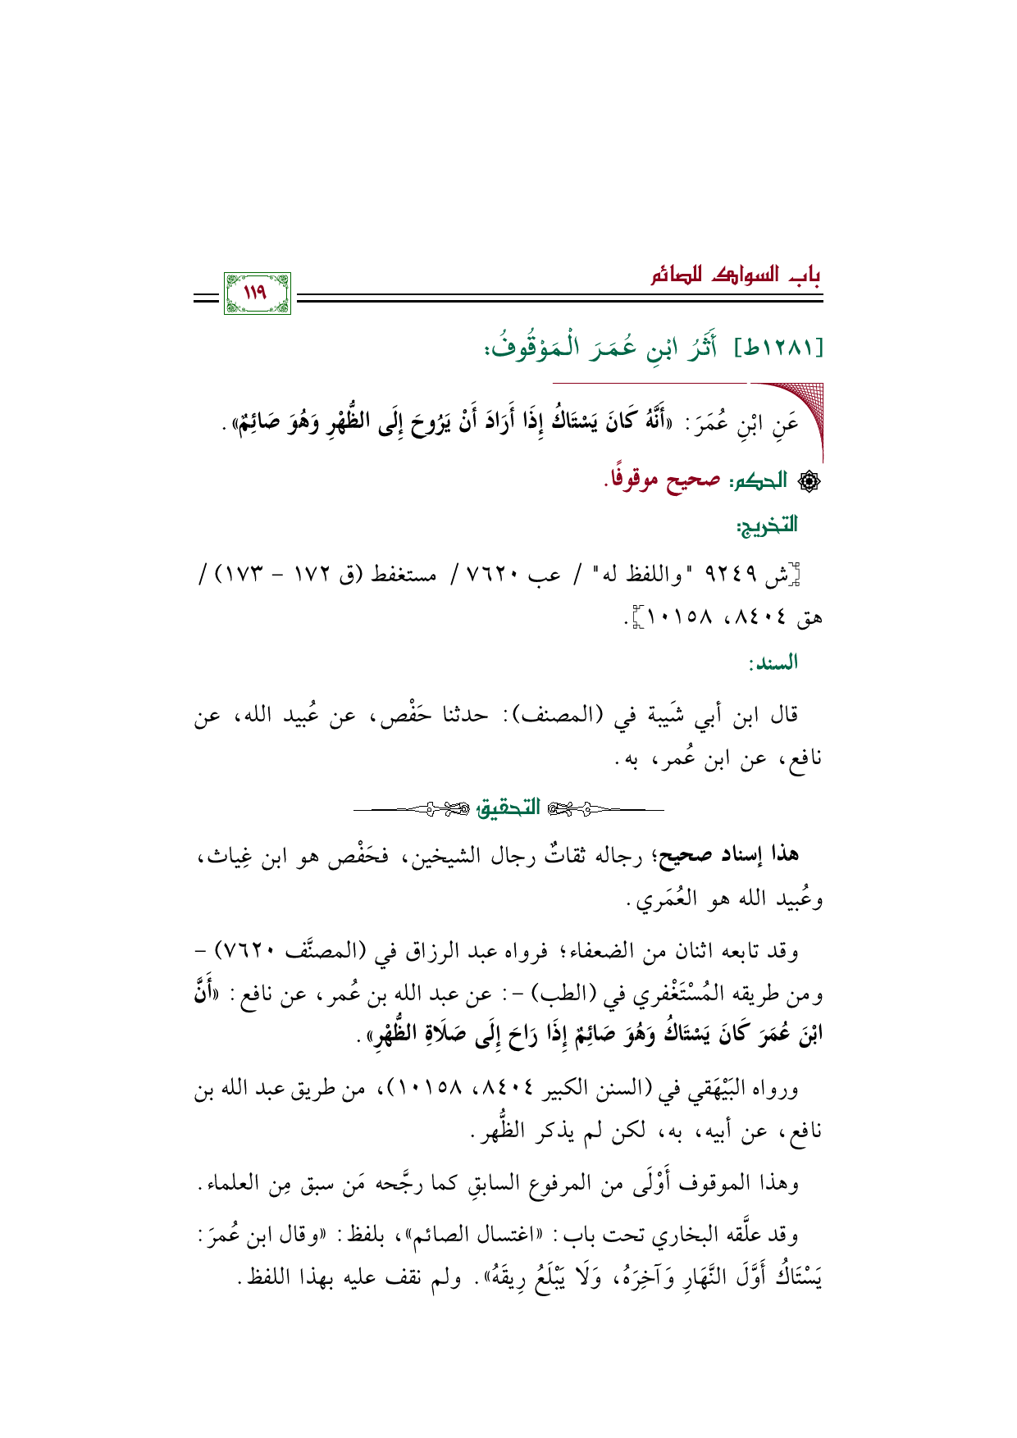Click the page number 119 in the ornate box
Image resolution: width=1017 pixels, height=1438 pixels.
click(257, 292)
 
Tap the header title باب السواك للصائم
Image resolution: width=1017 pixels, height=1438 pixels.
click(736, 275)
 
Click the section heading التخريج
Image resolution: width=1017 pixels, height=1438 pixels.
click(768, 525)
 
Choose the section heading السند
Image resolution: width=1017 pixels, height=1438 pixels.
click(773, 663)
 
